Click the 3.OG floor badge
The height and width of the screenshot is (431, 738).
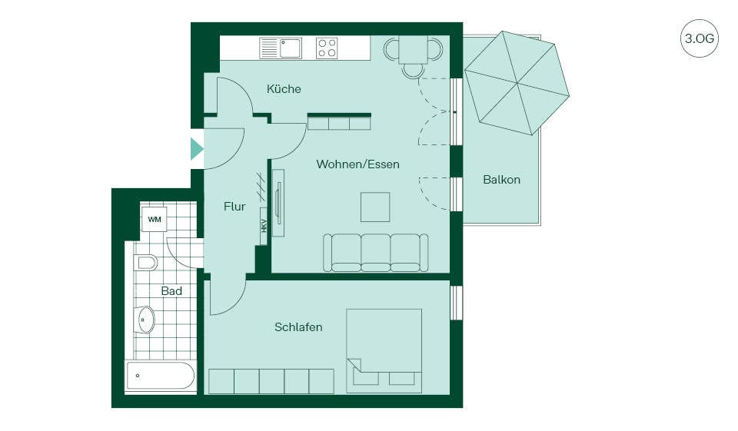pos(699,38)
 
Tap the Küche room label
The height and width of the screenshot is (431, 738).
pos(284,89)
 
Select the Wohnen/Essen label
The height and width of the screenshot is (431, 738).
pos(357,164)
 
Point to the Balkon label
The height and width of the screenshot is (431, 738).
pos(502,180)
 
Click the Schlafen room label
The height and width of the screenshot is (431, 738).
pos(298,327)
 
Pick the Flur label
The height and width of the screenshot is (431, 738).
pos(234,207)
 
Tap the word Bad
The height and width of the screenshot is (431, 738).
pos(171,291)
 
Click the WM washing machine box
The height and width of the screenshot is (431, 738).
pos(155,219)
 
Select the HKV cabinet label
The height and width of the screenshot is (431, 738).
pos(264,227)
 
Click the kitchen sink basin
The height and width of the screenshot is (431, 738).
pos(291,48)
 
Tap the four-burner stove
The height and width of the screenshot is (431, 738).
pos(327,48)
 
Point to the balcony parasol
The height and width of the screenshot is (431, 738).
pos(517,83)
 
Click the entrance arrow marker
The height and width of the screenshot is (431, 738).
pos(197,149)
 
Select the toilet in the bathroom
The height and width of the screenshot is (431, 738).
pos(145,263)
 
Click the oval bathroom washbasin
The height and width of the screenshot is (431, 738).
pos(146,320)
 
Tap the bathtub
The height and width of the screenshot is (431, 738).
pos(161,376)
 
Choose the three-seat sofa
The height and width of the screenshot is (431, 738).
pos(376,253)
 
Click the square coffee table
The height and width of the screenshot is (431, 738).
pos(375,207)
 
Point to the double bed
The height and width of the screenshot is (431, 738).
pos(384,351)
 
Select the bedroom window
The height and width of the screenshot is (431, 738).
pos(456,303)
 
